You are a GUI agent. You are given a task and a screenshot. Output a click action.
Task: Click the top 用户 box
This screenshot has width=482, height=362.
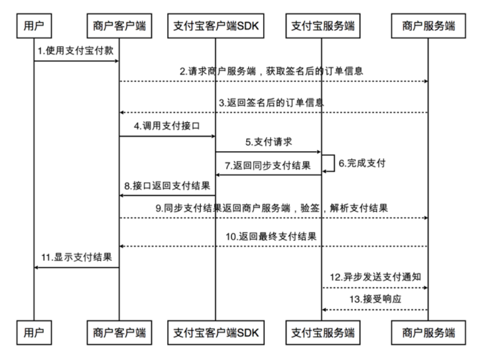(x=34, y=26)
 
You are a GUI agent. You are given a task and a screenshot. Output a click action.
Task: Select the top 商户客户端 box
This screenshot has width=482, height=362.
(x=119, y=26)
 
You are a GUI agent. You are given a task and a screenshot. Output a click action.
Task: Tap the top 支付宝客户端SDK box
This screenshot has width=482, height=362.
(x=215, y=26)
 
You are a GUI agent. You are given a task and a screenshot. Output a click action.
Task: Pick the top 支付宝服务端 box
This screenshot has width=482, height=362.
(x=322, y=26)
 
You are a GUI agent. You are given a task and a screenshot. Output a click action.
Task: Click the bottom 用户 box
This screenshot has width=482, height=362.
(x=34, y=332)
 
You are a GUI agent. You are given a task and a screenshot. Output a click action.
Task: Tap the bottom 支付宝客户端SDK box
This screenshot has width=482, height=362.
(x=215, y=332)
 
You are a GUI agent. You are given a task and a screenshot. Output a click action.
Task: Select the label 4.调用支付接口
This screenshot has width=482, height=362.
(x=163, y=127)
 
